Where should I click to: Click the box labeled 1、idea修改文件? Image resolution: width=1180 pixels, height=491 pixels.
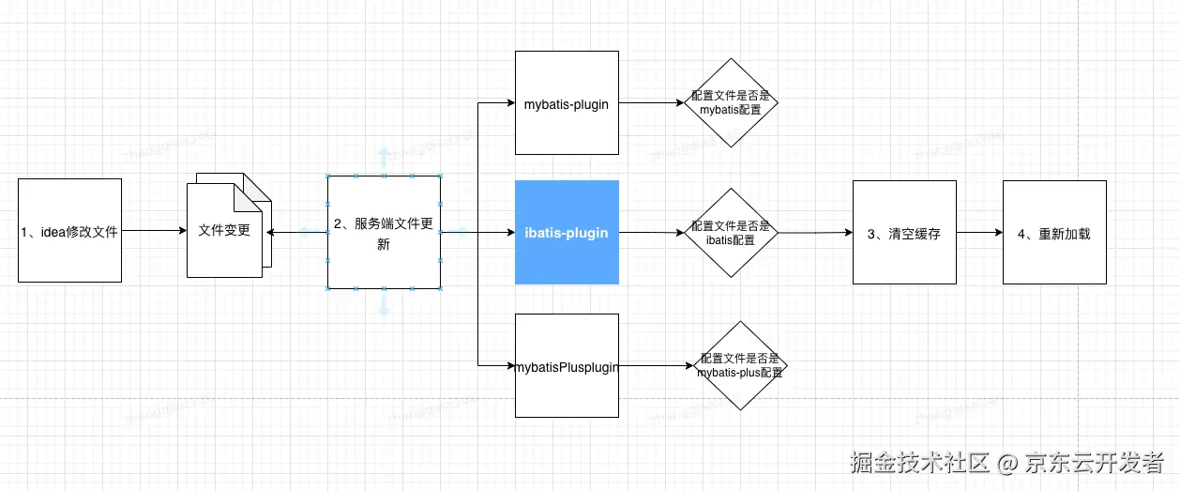(x=69, y=230)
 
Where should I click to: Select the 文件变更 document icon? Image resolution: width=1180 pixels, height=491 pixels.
(x=225, y=230)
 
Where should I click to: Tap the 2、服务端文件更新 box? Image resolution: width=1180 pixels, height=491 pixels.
(x=384, y=232)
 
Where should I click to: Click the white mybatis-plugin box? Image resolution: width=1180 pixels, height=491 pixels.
(x=567, y=103)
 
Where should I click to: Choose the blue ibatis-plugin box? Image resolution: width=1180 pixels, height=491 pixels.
(x=567, y=232)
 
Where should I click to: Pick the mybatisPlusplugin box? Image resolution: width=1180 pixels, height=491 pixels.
(x=567, y=366)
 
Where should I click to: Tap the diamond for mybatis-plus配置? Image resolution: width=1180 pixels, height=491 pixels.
(x=740, y=365)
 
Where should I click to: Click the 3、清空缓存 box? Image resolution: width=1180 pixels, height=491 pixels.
(x=903, y=232)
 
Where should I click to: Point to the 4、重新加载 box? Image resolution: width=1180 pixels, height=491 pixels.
(x=1054, y=232)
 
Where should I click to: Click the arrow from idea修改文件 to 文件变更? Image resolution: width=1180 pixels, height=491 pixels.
(x=154, y=230)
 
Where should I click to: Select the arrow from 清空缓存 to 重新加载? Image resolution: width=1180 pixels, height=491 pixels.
(x=979, y=232)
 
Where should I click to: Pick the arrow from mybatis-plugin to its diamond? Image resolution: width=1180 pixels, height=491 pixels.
(x=649, y=103)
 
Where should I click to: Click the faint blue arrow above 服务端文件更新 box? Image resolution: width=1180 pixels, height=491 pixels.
(x=383, y=156)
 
